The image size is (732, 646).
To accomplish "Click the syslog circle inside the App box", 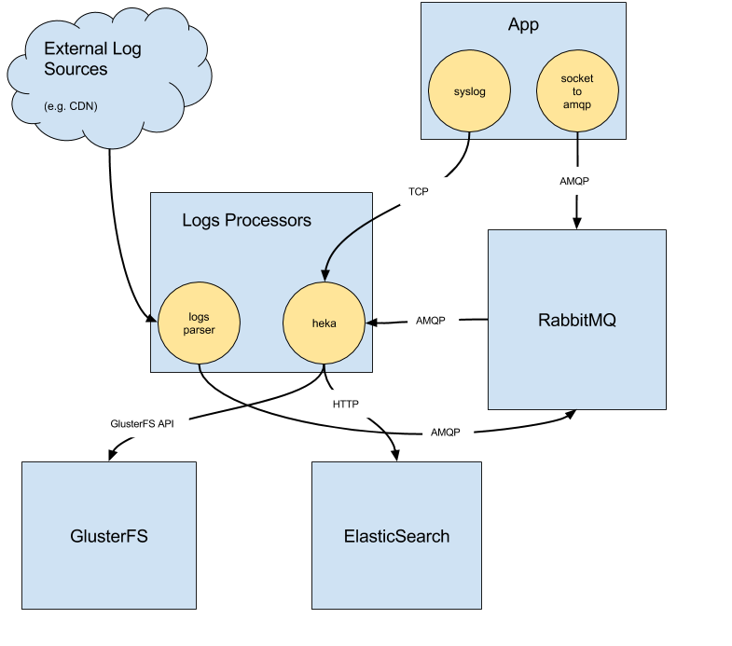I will (x=469, y=91).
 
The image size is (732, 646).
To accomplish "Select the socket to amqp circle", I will (x=577, y=91).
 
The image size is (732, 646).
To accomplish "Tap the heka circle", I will (x=324, y=323).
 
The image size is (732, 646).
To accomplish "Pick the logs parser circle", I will (x=200, y=323).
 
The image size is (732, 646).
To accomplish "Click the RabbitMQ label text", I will (x=576, y=321).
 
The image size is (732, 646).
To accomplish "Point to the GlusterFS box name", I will (x=109, y=536).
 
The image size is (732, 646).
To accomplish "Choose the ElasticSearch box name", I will (x=396, y=536).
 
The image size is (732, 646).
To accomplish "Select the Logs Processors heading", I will (x=246, y=221).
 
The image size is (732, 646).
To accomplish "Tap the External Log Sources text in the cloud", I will (x=92, y=59).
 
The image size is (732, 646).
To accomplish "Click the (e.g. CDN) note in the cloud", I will (x=71, y=106).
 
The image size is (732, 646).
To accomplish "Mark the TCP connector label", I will (x=418, y=191).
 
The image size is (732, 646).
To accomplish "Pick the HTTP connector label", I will (x=345, y=405).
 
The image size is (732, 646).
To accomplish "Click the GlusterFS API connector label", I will (x=142, y=422).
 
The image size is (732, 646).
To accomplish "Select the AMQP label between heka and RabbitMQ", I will (x=430, y=321).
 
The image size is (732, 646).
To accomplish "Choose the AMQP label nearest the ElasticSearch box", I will (x=445, y=433).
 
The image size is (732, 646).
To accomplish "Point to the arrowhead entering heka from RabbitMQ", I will (x=370, y=323).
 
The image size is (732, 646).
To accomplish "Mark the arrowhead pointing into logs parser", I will (x=152, y=322).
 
